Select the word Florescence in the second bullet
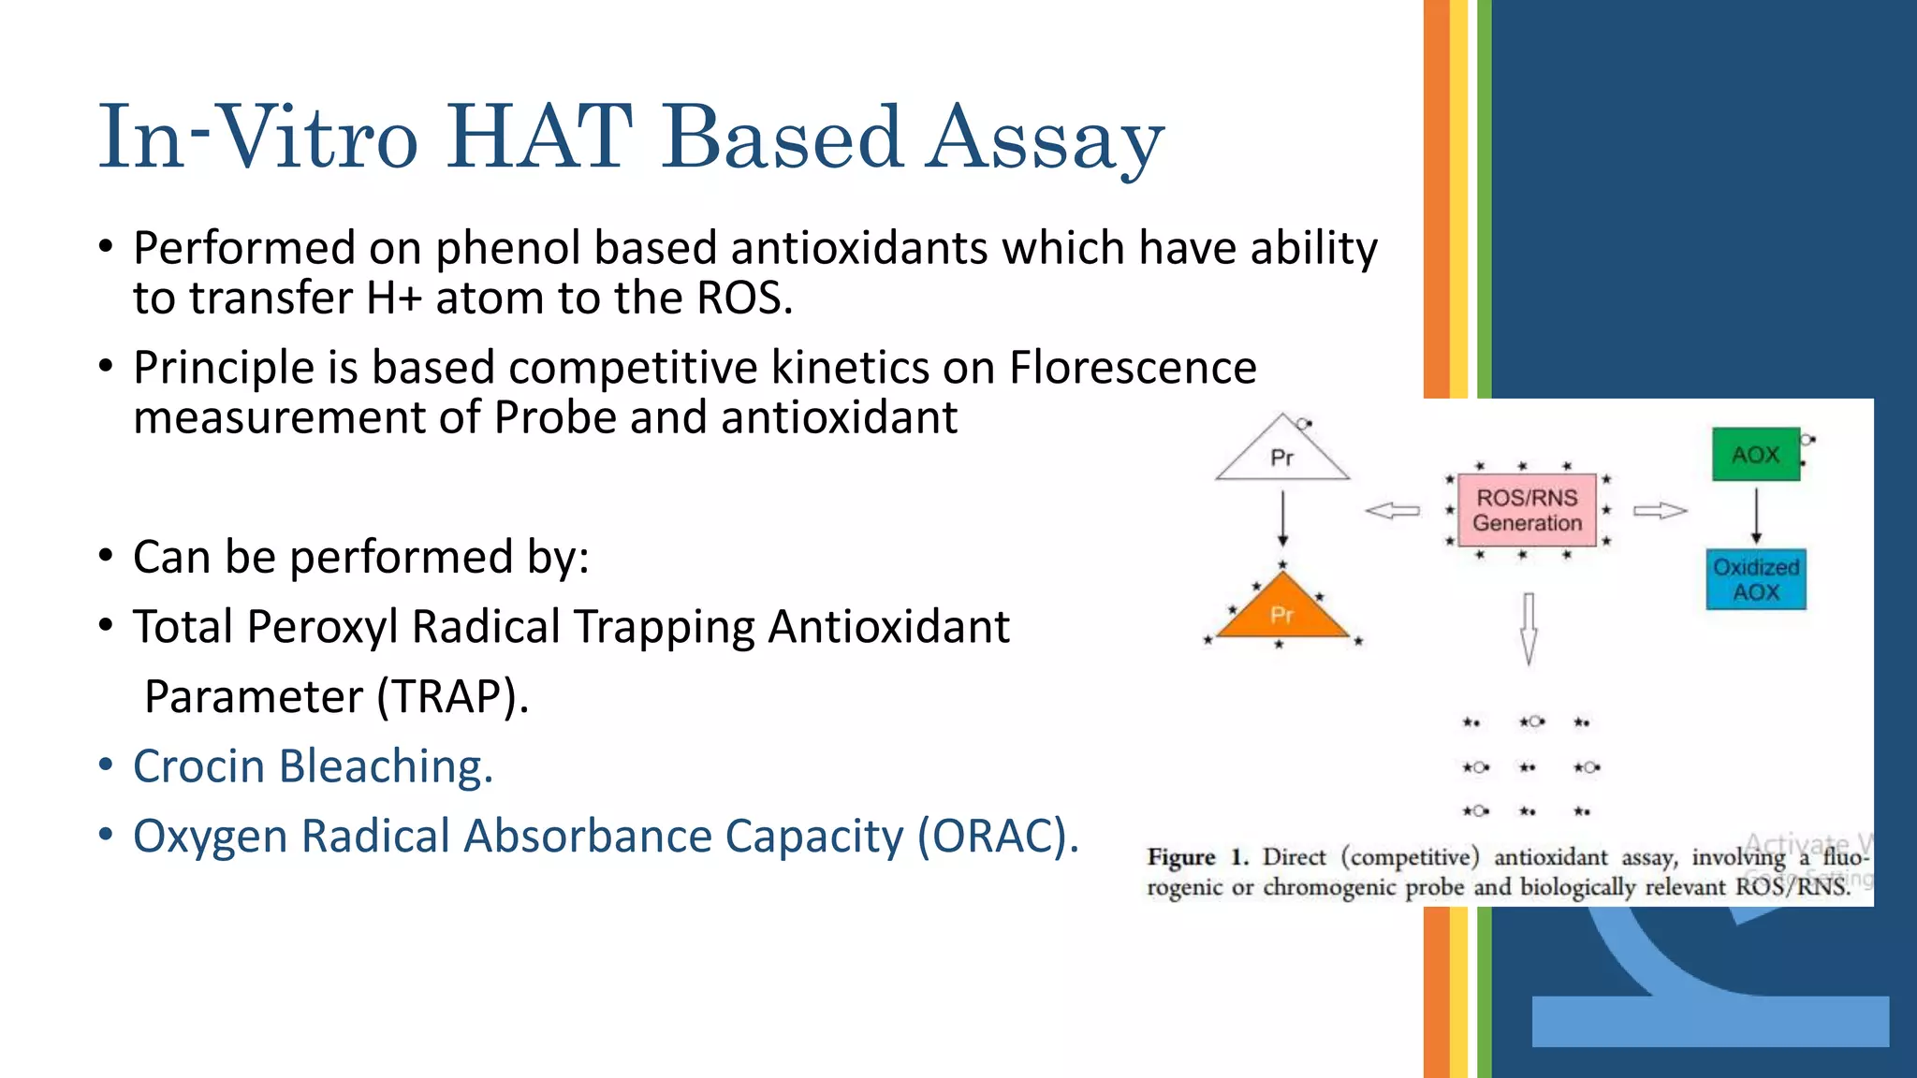coord(1133,368)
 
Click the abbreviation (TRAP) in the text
coord(453,697)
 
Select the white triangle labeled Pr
coord(1282,454)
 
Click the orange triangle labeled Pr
coord(1282,611)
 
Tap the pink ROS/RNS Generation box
coord(1527,511)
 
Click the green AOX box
coord(1755,455)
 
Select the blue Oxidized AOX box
coord(1755,580)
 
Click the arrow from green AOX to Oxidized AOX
coord(1756,515)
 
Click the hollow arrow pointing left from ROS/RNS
coord(1393,511)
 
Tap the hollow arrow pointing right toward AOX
coord(1660,511)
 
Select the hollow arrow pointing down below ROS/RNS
coord(1528,627)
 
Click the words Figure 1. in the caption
coord(1197,857)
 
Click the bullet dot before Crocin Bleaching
coord(106,765)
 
